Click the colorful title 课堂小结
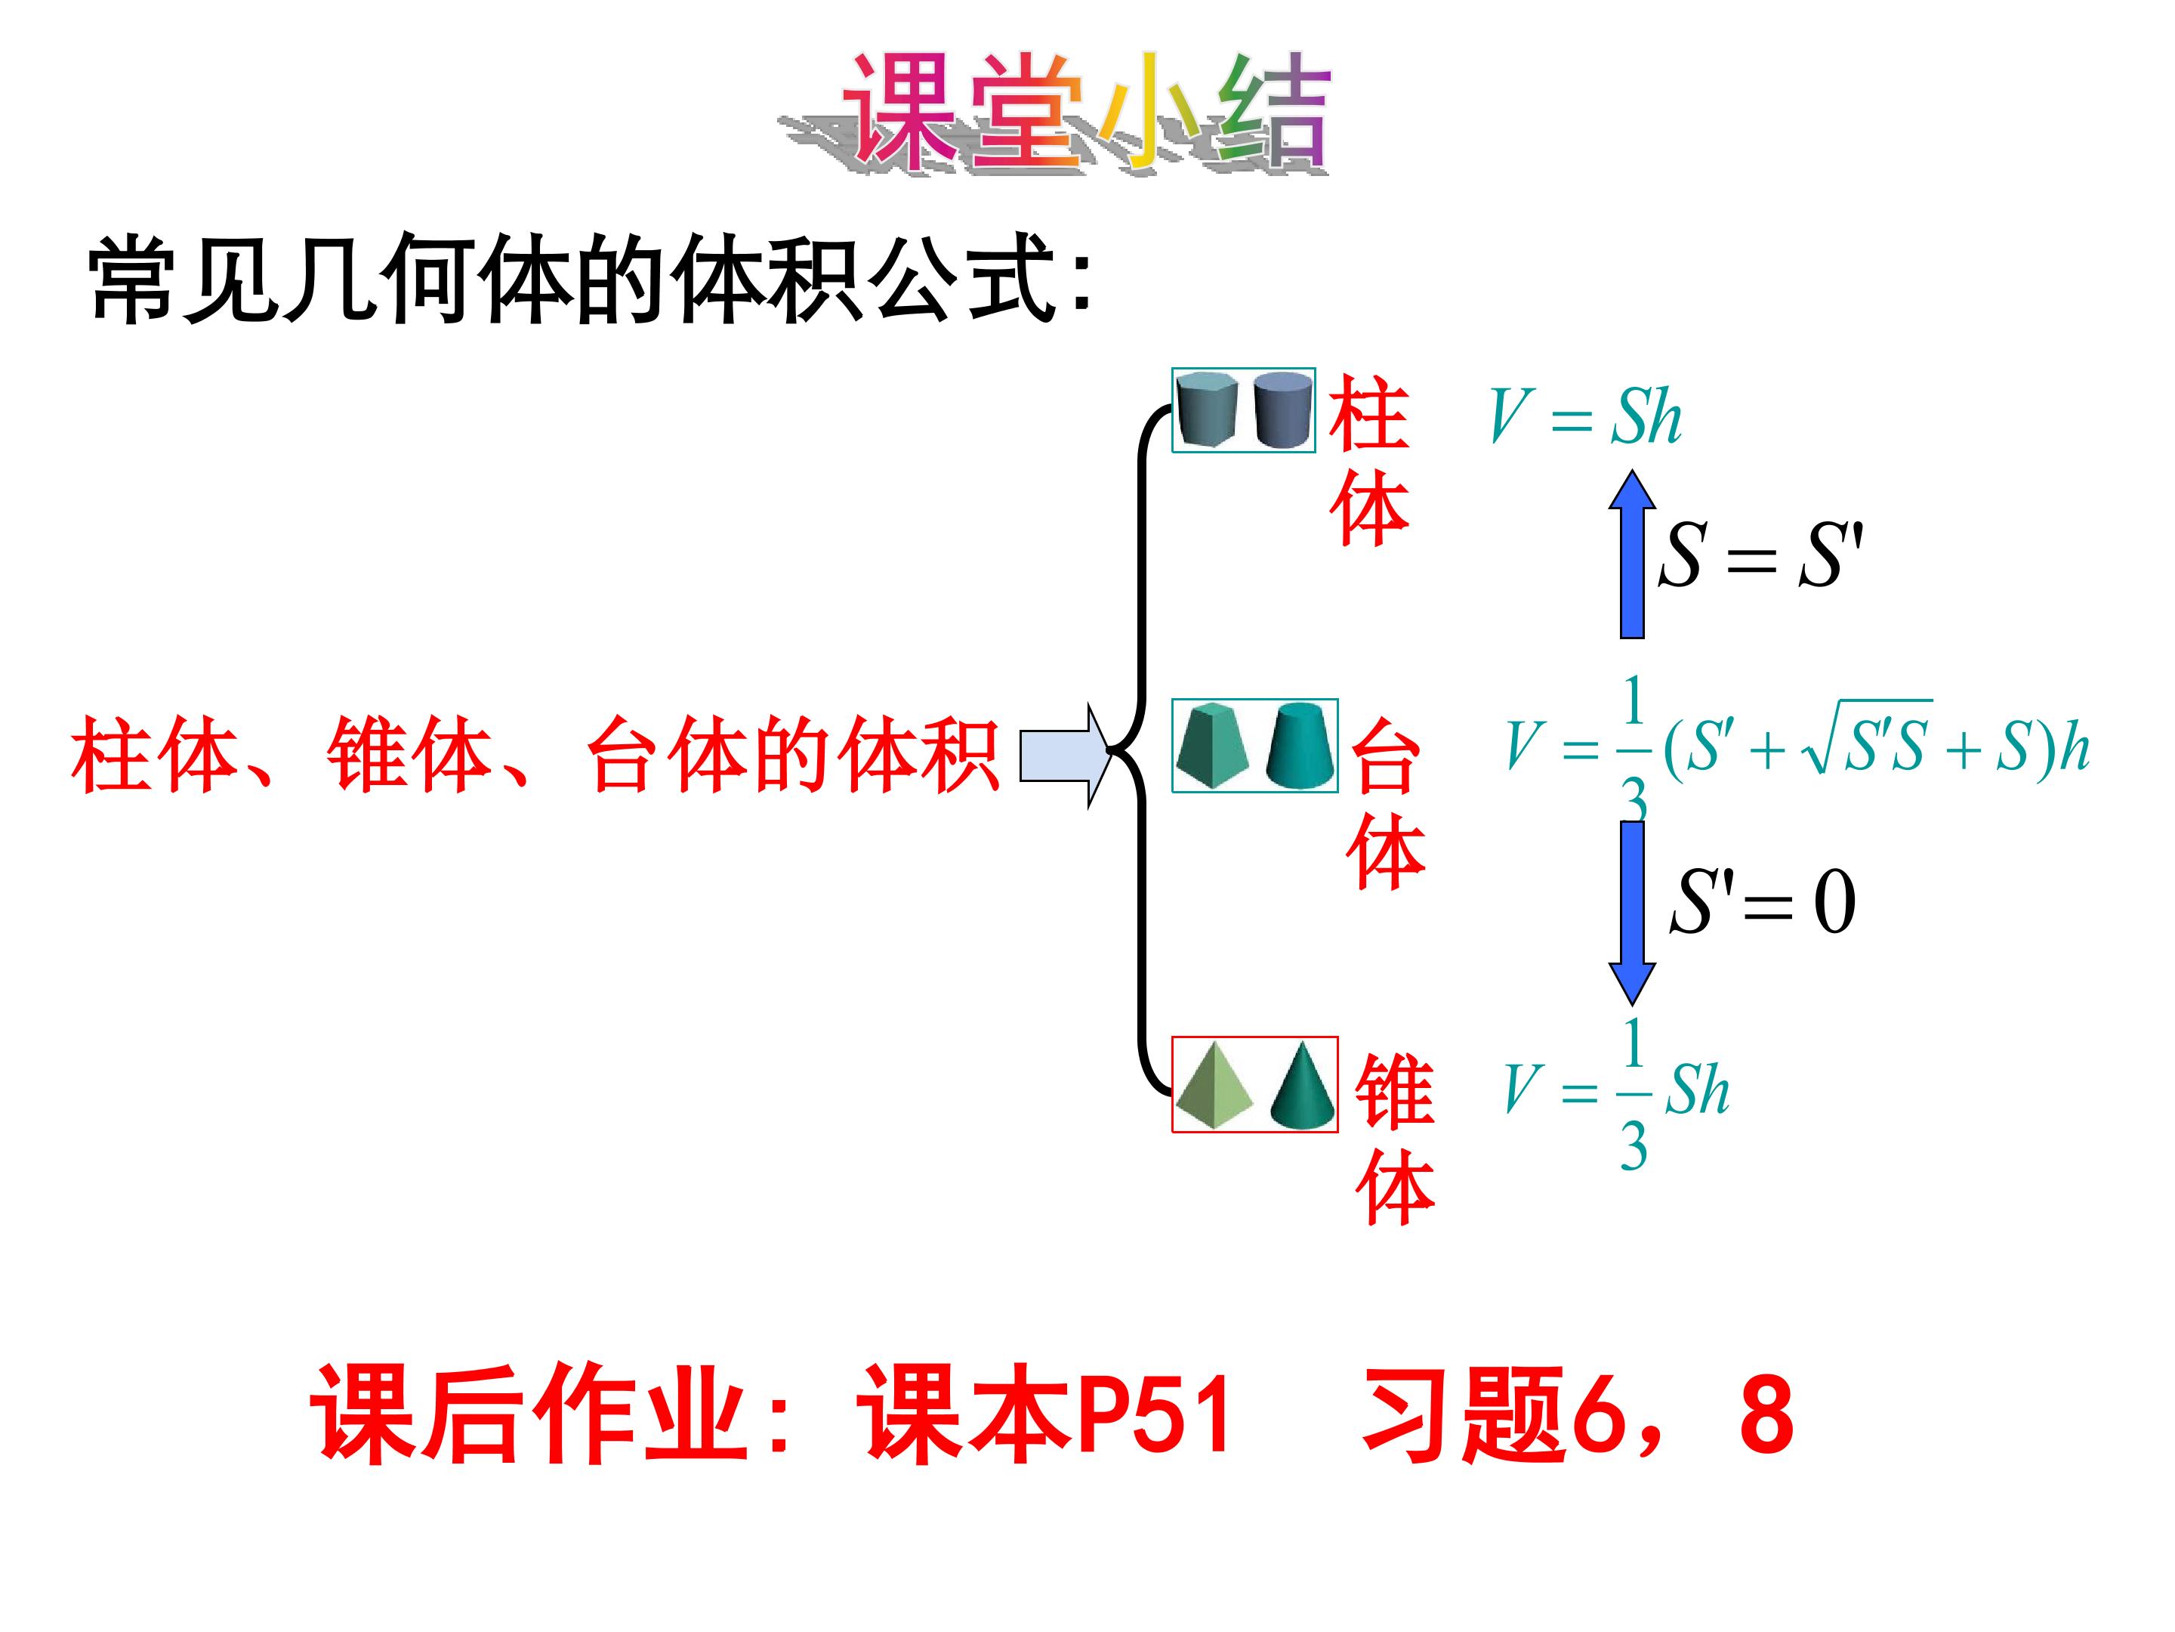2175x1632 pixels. click(x=1054, y=113)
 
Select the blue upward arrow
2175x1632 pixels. click(x=1631, y=554)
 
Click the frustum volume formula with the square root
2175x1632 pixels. click(x=1797, y=748)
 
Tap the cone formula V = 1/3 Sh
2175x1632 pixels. click(x=1616, y=1092)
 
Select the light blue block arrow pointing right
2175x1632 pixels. click(x=1065, y=756)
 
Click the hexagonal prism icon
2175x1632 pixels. click(x=1208, y=410)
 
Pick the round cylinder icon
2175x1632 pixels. click(x=1283, y=410)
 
